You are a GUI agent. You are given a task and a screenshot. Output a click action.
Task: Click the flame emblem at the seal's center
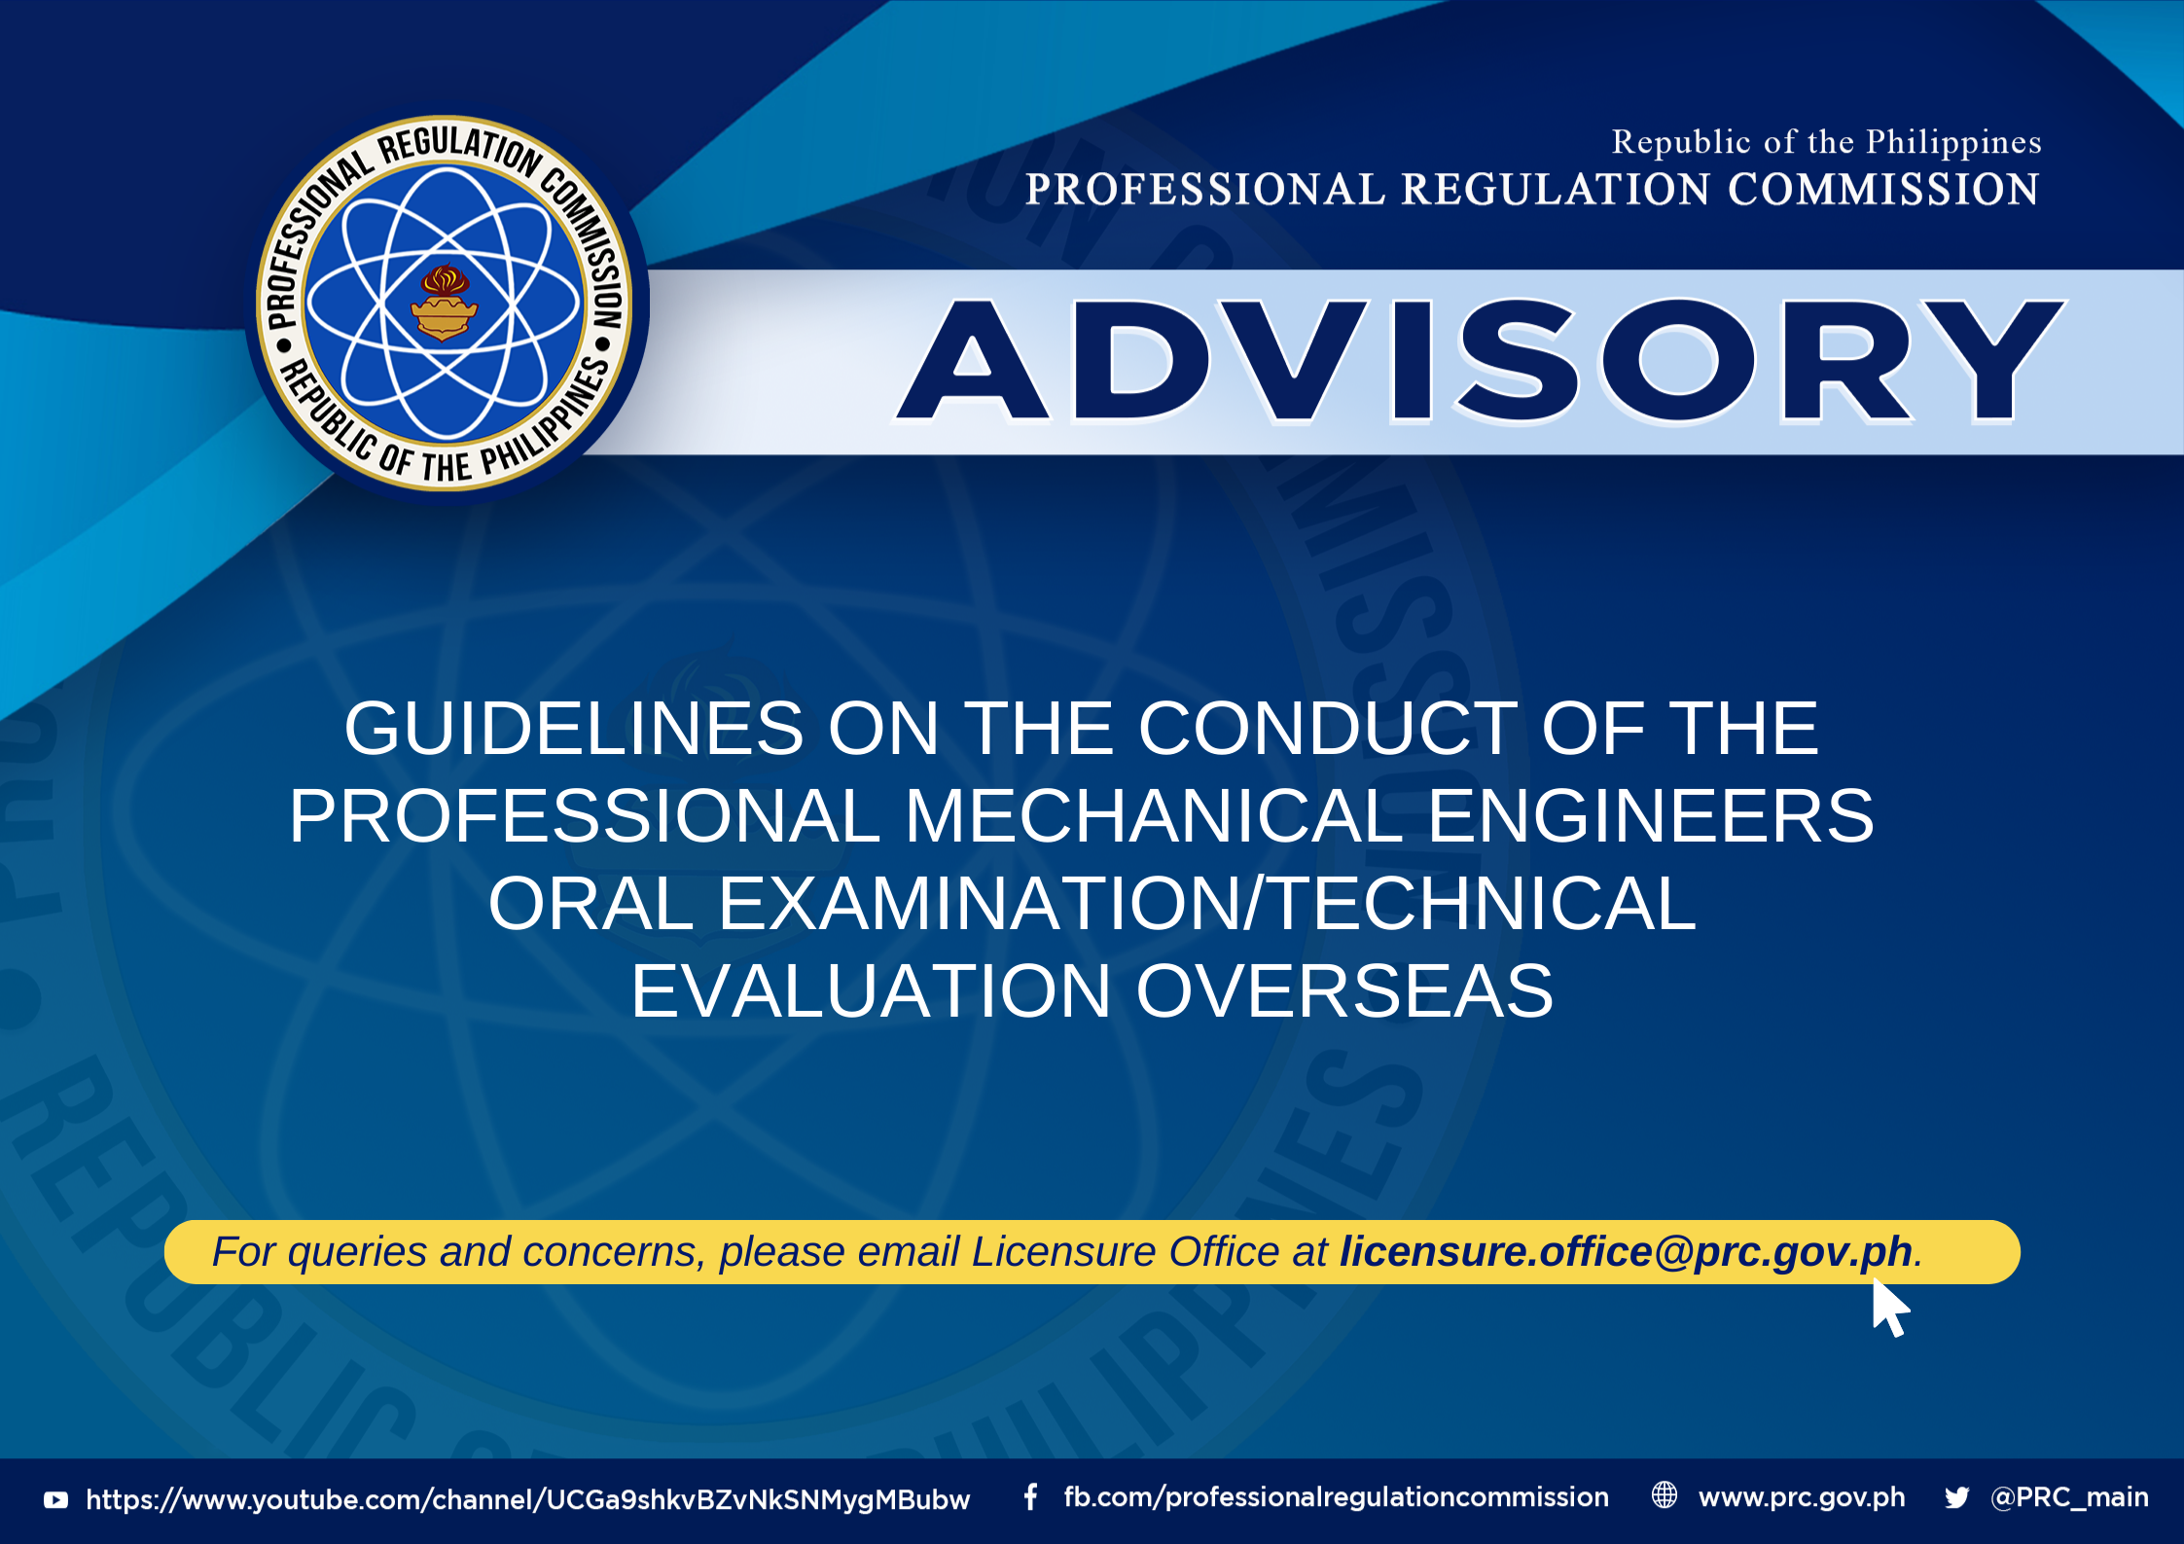(x=444, y=303)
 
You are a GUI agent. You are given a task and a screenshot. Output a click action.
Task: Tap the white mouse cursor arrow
(x=1890, y=1308)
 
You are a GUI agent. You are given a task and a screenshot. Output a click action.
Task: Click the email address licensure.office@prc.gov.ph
(x=1626, y=1251)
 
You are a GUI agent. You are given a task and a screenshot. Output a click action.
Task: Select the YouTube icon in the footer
(x=56, y=1500)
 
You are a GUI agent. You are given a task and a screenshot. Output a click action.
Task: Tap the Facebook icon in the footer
(x=1030, y=1497)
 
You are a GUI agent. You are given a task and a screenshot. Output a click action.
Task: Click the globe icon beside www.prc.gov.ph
(x=1665, y=1495)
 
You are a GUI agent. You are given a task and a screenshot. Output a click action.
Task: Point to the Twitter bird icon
(x=1957, y=1497)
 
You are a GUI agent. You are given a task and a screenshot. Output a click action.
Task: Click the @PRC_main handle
(x=2069, y=1497)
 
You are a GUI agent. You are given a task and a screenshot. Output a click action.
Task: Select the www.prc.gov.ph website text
(x=1802, y=1497)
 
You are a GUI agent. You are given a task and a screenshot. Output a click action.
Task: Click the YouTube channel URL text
(x=528, y=1499)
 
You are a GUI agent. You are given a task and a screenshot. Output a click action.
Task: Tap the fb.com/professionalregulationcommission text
(x=1336, y=1497)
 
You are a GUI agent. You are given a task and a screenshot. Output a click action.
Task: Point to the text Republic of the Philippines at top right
(x=1826, y=142)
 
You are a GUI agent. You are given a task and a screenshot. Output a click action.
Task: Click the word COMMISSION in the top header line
(x=1883, y=189)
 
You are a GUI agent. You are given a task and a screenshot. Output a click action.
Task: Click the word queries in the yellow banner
(x=357, y=1252)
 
